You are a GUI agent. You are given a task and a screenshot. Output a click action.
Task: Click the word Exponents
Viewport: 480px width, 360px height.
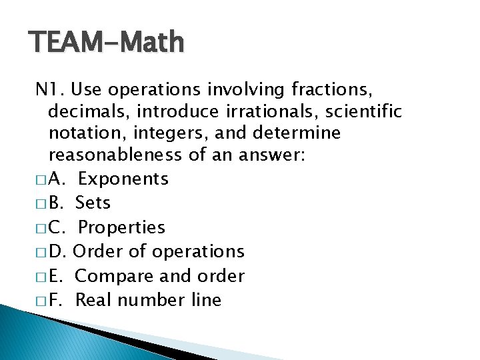click(x=123, y=179)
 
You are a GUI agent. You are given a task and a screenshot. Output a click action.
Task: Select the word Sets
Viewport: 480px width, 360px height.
click(x=93, y=203)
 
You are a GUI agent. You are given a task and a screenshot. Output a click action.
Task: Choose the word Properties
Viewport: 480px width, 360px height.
click(x=121, y=227)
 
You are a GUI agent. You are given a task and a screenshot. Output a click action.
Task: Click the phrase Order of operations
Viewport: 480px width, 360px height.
click(x=159, y=251)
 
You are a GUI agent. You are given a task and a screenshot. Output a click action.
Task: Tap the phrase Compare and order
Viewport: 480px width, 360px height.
click(x=160, y=275)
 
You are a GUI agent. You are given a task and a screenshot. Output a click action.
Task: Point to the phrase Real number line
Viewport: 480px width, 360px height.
click(x=148, y=300)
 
